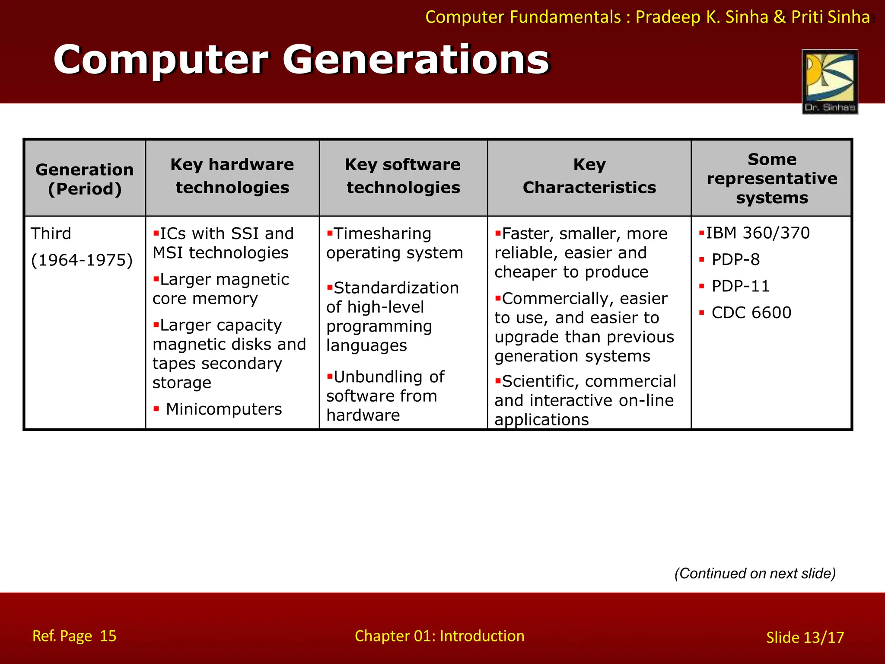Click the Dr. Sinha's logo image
point(830,81)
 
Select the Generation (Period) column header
point(85,179)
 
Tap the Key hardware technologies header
point(232,176)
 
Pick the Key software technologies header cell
point(403,176)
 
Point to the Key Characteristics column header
point(589,176)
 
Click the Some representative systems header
point(772,178)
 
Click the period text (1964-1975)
point(82,260)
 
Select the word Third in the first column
point(51,233)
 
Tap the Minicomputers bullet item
point(223,409)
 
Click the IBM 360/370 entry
point(758,233)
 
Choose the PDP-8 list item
point(735,259)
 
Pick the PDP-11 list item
point(740,286)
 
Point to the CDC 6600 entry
point(751,313)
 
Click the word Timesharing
point(382,233)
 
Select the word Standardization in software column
point(396,288)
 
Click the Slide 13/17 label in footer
point(805,637)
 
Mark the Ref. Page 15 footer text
point(74,636)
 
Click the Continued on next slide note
point(755,573)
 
